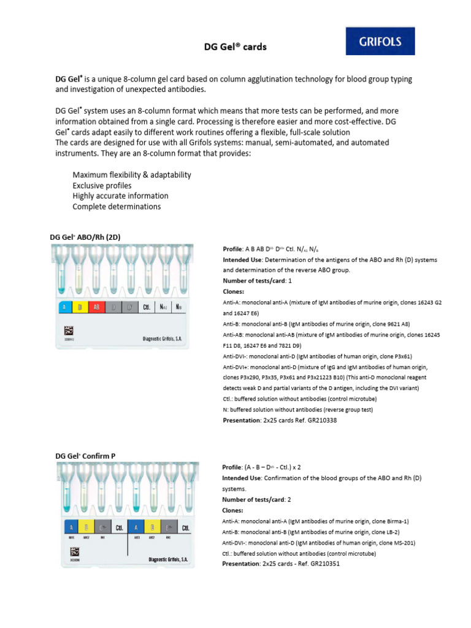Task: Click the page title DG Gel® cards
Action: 235,47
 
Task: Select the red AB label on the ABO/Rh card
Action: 96,307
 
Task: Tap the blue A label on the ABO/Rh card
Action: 63,307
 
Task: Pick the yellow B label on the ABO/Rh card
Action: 80,307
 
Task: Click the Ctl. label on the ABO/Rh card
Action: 147,307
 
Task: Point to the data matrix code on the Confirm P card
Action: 69,551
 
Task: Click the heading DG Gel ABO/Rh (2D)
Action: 89,237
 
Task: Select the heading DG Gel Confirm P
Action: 85,456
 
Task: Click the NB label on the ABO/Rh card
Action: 178,307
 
